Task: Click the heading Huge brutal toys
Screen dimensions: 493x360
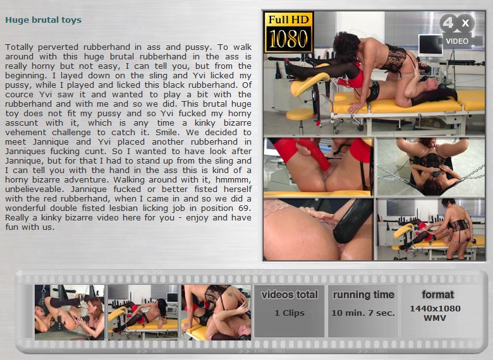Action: (x=44, y=20)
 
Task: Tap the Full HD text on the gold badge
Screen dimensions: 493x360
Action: (x=288, y=20)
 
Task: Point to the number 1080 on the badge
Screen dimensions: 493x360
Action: (x=288, y=39)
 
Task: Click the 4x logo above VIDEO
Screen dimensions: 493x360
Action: (x=457, y=23)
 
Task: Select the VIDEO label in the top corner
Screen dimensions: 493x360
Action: (x=457, y=41)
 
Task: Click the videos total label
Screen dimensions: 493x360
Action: (x=289, y=295)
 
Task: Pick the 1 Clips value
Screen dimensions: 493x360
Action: (x=289, y=313)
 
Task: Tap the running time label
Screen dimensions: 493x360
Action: (x=363, y=295)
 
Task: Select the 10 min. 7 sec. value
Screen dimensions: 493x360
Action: (x=363, y=313)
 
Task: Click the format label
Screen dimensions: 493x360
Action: (x=437, y=295)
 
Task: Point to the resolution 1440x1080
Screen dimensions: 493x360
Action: (x=435, y=308)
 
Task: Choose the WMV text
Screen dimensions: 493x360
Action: (x=435, y=318)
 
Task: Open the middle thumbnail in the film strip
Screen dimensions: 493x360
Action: (x=143, y=312)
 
